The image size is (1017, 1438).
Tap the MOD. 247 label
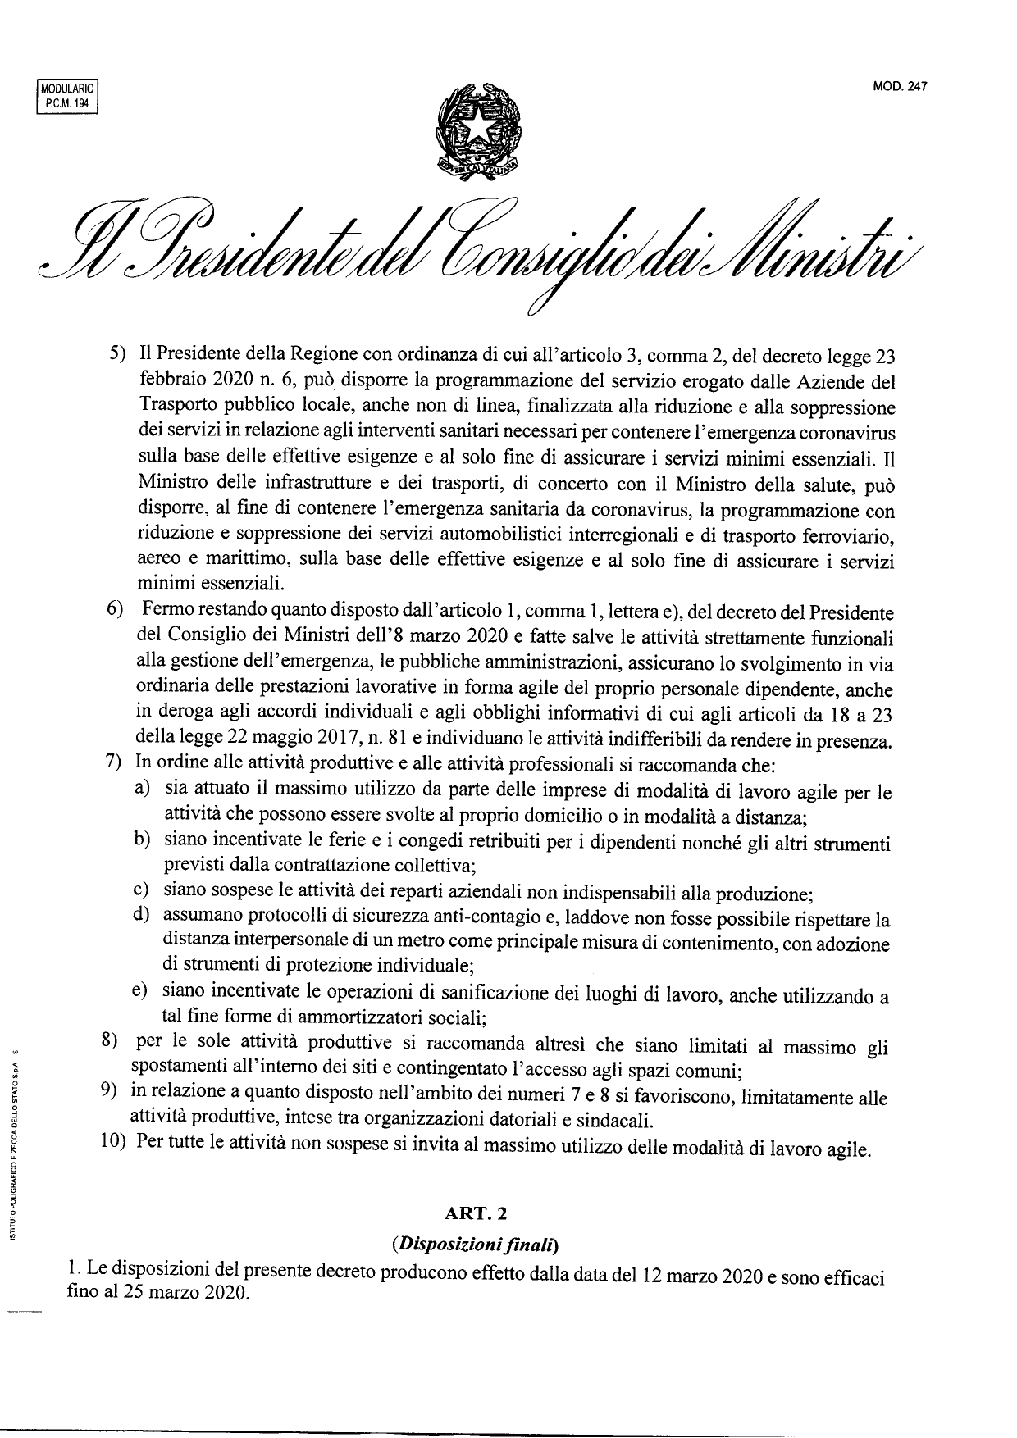tap(905, 89)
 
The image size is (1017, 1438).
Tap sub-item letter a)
tap(141, 788)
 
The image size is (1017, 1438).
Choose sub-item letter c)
tap(140, 890)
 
